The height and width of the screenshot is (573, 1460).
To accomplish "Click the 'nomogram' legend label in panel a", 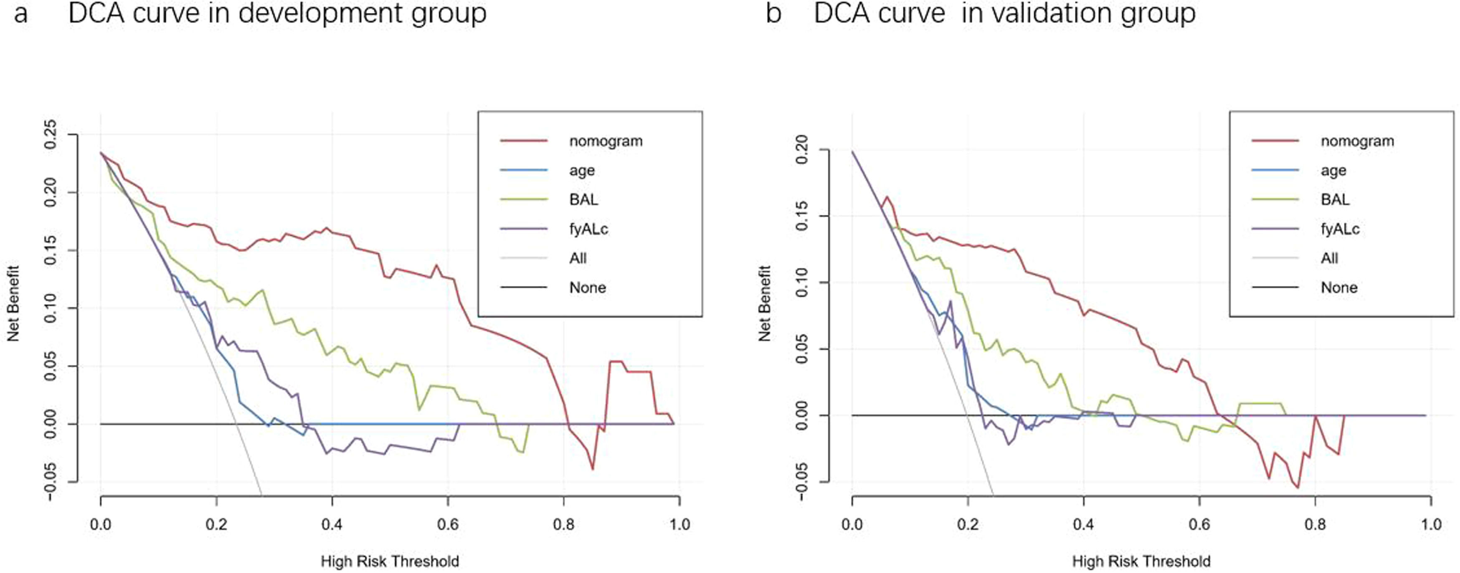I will [605, 141].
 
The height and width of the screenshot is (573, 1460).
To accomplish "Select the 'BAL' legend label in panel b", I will [1335, 200].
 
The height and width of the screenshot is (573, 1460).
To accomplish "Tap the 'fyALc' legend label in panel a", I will [588, 229].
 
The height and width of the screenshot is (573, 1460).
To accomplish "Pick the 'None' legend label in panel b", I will [1339, 288].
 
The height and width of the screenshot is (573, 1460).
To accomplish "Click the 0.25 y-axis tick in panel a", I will [51, 135].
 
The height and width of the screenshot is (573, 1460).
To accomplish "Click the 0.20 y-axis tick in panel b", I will [803, 150].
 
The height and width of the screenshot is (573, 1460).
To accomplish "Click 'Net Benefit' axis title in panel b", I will [765, 303].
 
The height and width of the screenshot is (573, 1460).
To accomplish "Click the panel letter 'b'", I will [773, 14].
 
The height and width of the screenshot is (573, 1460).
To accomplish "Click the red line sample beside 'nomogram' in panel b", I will [1275, 141].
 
